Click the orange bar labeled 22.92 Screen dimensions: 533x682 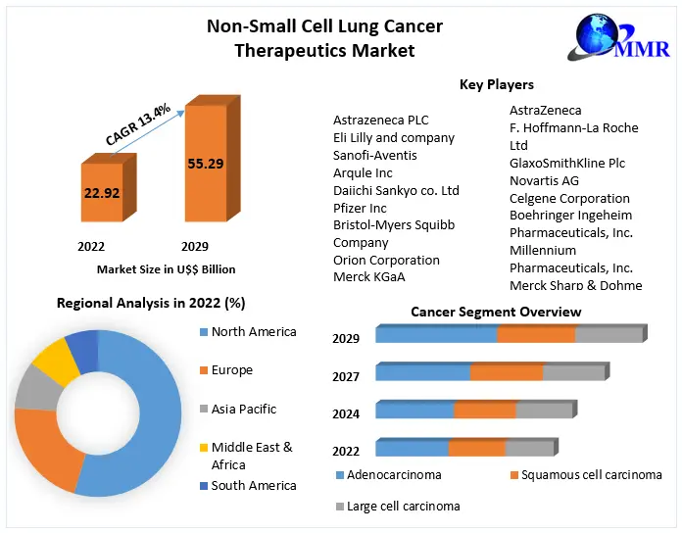click(x=101, y=193)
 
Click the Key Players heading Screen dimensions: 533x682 click(x=496, y=85)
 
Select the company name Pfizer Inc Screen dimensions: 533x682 click(x=360, y=208)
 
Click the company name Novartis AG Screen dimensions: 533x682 click(x=544, y=180)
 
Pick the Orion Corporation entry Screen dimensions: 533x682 click(x=386, y=261)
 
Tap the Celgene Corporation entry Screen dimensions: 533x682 click(x=569, y=198)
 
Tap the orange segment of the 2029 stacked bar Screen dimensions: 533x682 click(x=535, y=334)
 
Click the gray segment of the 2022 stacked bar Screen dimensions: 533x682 click(x=529, y=448)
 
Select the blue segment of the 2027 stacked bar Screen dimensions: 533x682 click(x=422, y=372)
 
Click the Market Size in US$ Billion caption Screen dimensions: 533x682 click(x=166, y=268)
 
